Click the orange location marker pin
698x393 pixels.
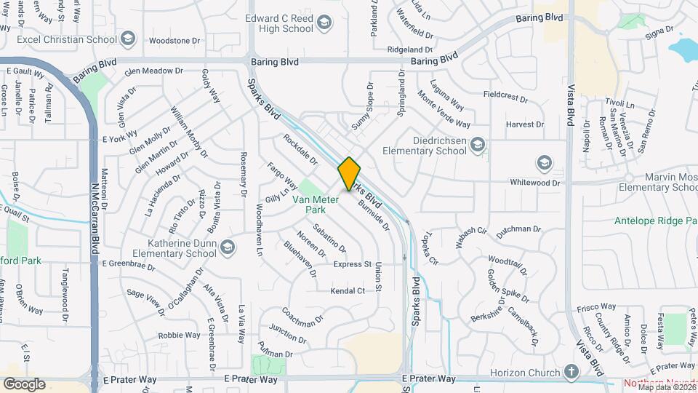[349, 174]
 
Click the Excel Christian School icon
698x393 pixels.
[128, 39]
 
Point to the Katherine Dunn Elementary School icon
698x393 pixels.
[228, 248]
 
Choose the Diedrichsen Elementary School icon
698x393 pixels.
[477, 146]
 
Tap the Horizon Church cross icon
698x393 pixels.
[571, 373]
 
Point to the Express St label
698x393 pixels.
[352, 264]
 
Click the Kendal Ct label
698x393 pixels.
[348, 291]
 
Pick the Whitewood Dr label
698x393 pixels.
[535, 183]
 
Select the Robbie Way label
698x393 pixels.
[179, 336]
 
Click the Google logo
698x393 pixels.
[24, 384]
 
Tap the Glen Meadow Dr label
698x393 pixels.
[153, 71]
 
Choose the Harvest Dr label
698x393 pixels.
[525, 124]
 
